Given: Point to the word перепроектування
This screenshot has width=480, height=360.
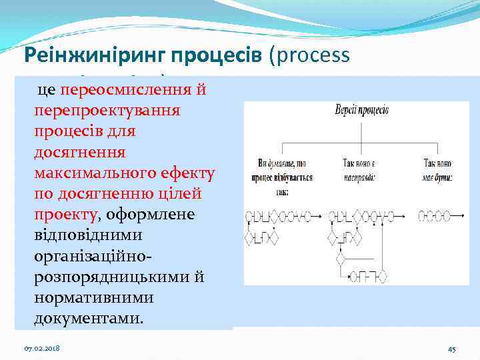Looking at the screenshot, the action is click(x=107, y=110).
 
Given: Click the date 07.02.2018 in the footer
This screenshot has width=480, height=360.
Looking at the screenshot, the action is click(x=42, y=349).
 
